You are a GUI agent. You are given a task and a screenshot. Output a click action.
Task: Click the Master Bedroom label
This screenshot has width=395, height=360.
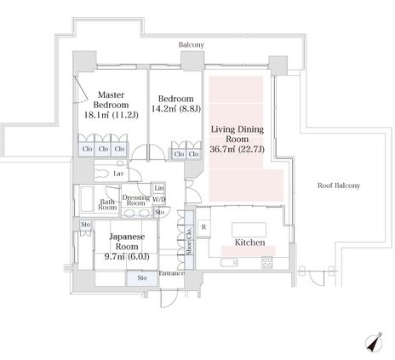coord(111,100)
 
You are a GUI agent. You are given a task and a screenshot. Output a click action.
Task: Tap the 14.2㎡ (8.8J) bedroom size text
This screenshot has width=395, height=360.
coord(176,109)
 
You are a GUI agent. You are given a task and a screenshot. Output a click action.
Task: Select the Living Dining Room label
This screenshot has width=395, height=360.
coord(238,134)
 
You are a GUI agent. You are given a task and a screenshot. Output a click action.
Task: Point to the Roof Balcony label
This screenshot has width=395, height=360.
coord(339,186)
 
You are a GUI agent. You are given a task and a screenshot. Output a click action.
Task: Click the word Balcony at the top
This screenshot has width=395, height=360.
coord(192,45)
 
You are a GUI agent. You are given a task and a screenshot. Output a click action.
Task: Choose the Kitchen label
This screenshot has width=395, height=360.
coord(249,243)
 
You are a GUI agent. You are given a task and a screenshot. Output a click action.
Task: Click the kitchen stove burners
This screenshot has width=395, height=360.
coord(267,262)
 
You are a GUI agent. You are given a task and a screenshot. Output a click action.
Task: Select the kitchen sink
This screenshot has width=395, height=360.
coord(229,262)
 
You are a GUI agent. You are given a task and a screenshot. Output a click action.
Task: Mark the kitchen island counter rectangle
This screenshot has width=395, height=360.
coord(249,230)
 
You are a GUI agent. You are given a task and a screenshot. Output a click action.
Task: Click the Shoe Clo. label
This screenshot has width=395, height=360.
coord(190,240)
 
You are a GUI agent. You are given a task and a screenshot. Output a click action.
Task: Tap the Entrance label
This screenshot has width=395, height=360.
coord(172,273)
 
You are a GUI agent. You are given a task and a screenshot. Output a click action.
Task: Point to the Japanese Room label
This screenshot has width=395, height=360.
coord(127,242)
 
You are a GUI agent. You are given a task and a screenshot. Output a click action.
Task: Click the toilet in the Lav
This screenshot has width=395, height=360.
coord(102,174)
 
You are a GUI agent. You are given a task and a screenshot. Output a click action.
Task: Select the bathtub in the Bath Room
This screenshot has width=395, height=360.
coord(87,199)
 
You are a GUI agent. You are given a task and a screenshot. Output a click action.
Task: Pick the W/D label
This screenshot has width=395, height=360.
coord(159,199)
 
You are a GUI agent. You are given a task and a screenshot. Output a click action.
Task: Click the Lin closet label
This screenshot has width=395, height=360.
coord(159,188)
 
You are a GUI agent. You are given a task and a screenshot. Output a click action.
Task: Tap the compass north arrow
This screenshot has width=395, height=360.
coord(375,342)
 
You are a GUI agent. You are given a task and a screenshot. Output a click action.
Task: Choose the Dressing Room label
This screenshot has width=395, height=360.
coord(136,200)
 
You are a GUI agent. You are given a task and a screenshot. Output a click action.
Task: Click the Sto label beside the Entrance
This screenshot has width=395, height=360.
coord(142,277)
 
